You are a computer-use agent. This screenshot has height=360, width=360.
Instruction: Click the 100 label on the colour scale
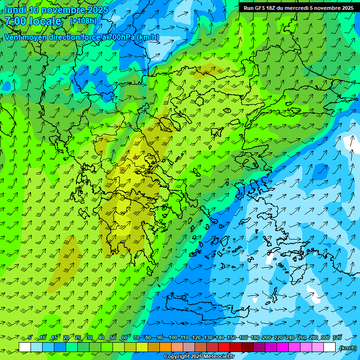tap(173, 338)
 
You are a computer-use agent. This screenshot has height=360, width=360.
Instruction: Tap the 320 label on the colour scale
tap(337, 338)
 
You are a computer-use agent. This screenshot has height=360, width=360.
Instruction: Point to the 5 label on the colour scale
tap(30, 338)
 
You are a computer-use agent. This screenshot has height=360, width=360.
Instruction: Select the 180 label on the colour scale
tap(255, 338)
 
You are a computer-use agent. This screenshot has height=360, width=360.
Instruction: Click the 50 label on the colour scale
tap(113, 338)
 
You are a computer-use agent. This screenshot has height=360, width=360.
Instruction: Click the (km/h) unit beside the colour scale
tap(347, 348)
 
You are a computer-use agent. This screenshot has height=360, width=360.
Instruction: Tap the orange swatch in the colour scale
tap(165, 347)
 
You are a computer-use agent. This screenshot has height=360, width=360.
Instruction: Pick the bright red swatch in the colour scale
tap(224, 347)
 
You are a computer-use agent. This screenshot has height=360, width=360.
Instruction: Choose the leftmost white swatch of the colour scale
tap(25, 347)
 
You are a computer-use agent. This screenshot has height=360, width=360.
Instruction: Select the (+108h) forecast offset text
tap(83, 21)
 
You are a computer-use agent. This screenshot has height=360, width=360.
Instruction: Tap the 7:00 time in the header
tap(15, 21)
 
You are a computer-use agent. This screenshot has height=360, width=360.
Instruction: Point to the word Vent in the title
tap(13, 37)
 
